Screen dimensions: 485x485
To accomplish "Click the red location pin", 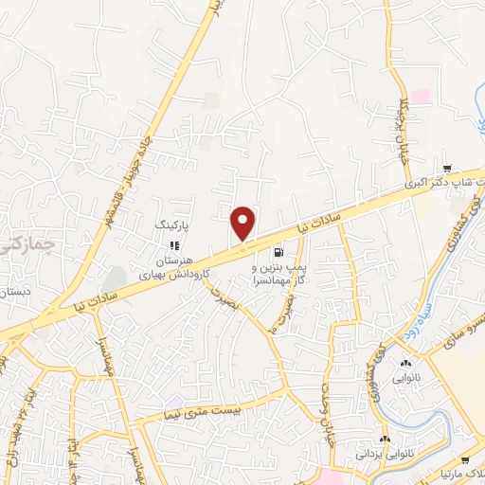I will coord(243,223).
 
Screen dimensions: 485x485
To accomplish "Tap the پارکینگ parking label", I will coord(172,228).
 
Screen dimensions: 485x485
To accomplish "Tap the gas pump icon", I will coord(278,252).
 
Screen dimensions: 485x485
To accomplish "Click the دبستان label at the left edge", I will coord(16,295).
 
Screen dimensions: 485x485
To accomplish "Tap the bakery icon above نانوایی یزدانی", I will coord(385,440).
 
